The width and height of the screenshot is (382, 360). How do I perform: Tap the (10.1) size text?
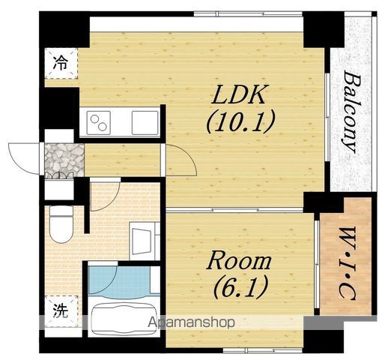(240, 121)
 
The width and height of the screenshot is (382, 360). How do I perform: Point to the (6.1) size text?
(240, 286)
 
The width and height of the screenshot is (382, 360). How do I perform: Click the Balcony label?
(352, 112)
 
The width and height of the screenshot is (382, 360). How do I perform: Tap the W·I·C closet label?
(347, 263)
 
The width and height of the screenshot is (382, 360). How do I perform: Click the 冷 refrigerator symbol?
(61, 63)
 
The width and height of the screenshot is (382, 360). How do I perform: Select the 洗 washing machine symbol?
(61, 311)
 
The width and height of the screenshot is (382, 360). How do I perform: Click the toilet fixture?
(61, 224)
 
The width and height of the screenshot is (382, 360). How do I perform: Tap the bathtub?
(124, 317)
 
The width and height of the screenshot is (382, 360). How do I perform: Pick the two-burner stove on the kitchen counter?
(99, 123)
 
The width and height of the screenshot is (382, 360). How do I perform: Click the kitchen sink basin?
(145, 123)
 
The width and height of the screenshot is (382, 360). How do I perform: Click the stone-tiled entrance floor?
(64, 159)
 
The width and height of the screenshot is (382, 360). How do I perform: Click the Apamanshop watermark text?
(191, 322)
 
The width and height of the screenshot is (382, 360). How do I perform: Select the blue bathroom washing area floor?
(120, 282)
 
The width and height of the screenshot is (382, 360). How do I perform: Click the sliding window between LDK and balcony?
(327, 118)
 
